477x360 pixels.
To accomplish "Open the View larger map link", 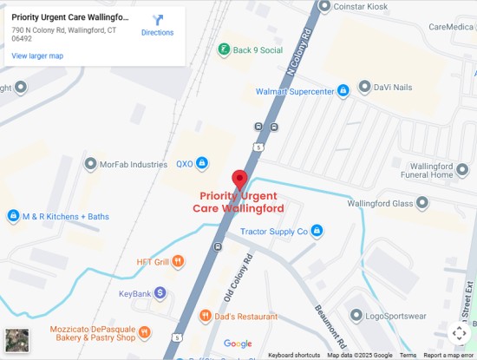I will click(36, 56).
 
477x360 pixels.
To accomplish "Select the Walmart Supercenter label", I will click(295, 91).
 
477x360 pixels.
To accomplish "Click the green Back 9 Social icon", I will click(224, 49).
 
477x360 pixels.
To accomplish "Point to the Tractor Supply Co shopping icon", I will click(317, 231).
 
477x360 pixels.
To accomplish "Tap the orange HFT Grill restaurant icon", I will click(178, 260).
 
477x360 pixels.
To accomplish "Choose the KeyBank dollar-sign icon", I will click(160, 293).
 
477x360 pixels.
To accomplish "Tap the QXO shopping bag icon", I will click(201, 162).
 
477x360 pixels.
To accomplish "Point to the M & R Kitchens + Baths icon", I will click(13, 215).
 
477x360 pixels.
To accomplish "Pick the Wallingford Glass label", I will click(381, 204).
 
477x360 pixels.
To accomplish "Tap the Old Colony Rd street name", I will click(239, 278).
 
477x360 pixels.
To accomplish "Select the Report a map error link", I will click(448, 355).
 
